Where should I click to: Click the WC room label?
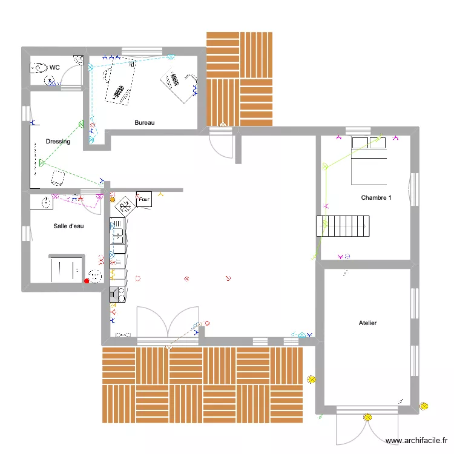pos(54,67)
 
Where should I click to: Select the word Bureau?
pos(145,122)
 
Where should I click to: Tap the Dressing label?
pos(58,142)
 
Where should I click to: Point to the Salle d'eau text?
pos(68,226)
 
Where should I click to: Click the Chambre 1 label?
pos(376,197)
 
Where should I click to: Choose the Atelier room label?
pos(367,323)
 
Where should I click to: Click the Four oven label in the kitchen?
pos(144,199)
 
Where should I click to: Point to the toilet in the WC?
pos(41,67)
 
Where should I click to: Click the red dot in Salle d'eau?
pos(87,280)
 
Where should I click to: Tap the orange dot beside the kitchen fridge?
pos(113,200)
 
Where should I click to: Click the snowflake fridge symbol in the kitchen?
pos(125,206)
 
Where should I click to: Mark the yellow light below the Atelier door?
pos(367,416)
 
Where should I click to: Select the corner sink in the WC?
pos(78,60)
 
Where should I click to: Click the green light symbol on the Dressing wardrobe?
pos(42,162)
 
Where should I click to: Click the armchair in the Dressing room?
pos(59,177)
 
